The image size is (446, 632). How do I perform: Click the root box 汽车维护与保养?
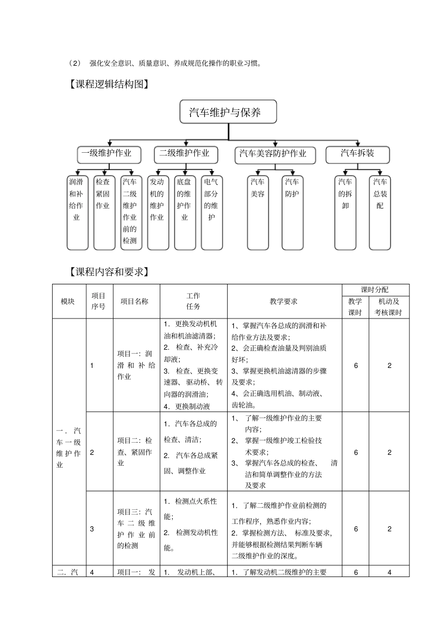click(x=228, y=112)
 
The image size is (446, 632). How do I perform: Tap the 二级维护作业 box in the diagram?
click(x=185, y=154)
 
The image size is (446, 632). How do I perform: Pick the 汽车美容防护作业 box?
click(x=275, y=155)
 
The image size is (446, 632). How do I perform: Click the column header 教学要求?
click(x=284, y=302)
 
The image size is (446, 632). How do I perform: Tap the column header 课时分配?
click(x=375, y=290)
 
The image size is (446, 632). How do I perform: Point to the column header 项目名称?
click(x=135, y=302)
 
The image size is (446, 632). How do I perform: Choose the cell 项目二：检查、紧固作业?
click(x=135, y=452)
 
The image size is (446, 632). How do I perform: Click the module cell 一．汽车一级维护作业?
click(x=69, y=447)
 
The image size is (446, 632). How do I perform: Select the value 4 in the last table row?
click(x=389, y=572)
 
